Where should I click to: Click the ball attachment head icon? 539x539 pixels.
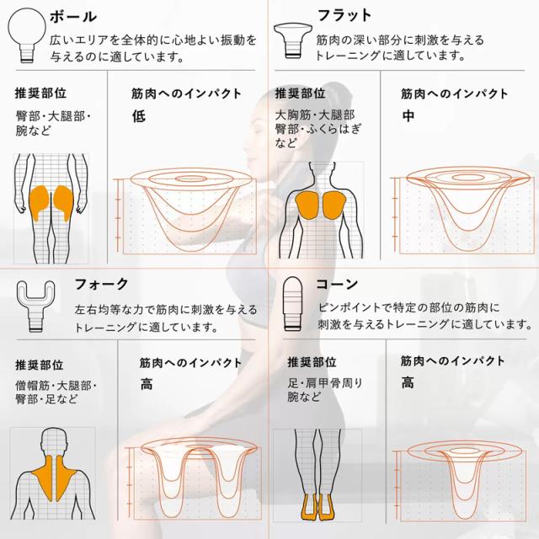tap(27, 35)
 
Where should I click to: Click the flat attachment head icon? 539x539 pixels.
tap(292, 40)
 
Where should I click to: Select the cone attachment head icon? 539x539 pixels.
tap(292, 303)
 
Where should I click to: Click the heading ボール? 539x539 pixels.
tap(73, 17)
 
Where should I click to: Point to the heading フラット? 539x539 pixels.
tap(344, 15)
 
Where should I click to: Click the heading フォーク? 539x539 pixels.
tap(101, 285)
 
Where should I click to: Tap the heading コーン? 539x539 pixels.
tap(337, 285)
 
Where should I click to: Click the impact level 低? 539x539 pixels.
tap(139, 116)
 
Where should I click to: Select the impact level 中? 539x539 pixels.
tap(408, 116)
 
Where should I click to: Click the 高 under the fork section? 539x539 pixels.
tap(147, 384)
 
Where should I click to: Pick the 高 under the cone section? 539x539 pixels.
tap(408, 382)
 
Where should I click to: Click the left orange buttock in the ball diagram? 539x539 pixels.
tap(39, 202)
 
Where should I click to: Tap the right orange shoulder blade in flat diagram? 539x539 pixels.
tap(334, 205)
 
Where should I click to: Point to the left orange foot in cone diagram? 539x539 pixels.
tap(308, 507)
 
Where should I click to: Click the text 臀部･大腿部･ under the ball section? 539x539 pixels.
tap(53, 116)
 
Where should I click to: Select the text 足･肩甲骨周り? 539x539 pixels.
tap(325, 383)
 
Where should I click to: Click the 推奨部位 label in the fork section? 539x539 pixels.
tap(40, 365)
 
